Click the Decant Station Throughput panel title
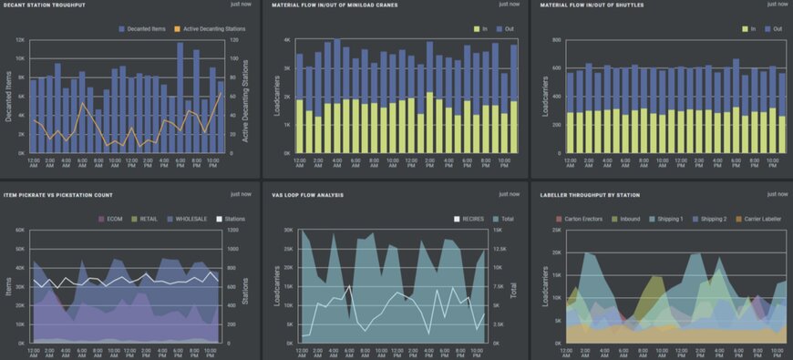coord(45,5)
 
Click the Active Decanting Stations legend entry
coord(212,28)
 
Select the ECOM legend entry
coord(111,218)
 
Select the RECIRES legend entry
coord(470,218)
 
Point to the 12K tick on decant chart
coord(20,40)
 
